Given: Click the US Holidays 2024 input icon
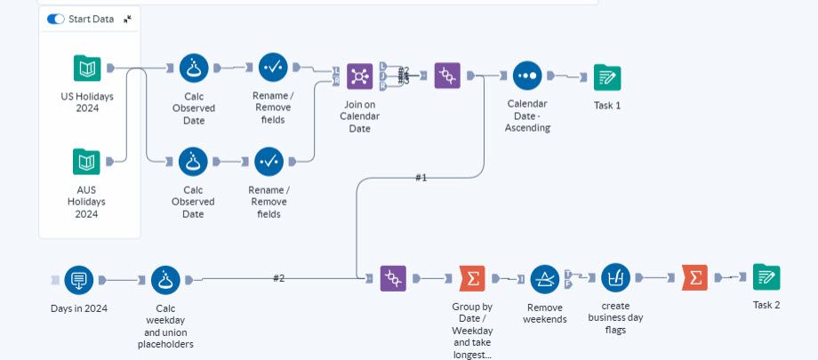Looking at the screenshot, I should [86, 68].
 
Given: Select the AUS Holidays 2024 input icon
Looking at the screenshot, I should [86, 161].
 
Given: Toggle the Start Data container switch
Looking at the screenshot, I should [56, 19].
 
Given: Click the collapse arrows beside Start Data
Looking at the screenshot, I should [128, 19].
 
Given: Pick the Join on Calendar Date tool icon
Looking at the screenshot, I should [359, 76].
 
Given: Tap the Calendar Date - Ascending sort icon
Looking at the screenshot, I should [526, 76].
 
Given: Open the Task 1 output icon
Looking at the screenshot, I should [606, 77].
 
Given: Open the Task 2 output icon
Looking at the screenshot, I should [766, 277].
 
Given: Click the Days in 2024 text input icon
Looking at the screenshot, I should [78, 280].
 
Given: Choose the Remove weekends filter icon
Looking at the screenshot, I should [544, 279].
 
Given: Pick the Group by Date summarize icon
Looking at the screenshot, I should [472, 279].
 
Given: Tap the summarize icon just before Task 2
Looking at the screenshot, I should [695, 278].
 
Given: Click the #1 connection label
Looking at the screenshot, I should [421, 178].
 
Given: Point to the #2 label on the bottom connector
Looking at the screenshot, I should [278, 278].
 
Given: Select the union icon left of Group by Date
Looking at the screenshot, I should [393, 279].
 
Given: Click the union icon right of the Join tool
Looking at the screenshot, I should [446, 76].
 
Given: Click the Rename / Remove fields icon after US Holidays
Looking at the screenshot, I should [273, 67].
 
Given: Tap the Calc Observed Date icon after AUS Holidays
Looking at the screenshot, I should [193, 161].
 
